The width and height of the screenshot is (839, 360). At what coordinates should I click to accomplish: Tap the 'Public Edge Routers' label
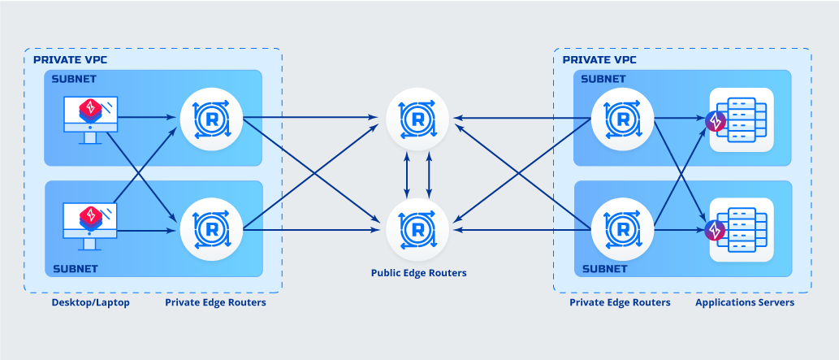pos(418,273)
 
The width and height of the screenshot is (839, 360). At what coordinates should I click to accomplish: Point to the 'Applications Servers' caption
pos(744,302)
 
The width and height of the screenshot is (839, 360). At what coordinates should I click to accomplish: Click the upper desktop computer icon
pos(90,119)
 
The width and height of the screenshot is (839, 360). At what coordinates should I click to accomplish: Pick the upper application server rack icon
pos(741,119)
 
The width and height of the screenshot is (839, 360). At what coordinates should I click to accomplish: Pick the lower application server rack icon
pos(741,228)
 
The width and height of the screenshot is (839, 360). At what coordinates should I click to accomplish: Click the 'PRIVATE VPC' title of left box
pos(70,60)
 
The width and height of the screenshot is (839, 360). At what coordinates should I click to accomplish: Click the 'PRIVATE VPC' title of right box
pos(599,60)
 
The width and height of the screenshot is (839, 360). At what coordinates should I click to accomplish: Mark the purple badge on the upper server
pos(716,121)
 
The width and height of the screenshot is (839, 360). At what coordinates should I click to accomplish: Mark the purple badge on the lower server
pos(716,231)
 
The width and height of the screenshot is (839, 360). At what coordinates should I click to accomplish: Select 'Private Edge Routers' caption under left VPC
pos(215,302)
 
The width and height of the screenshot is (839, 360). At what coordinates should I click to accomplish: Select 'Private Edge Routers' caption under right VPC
pos(620,302)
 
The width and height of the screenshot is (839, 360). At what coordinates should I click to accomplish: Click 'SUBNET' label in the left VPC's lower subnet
pos(75,268)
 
